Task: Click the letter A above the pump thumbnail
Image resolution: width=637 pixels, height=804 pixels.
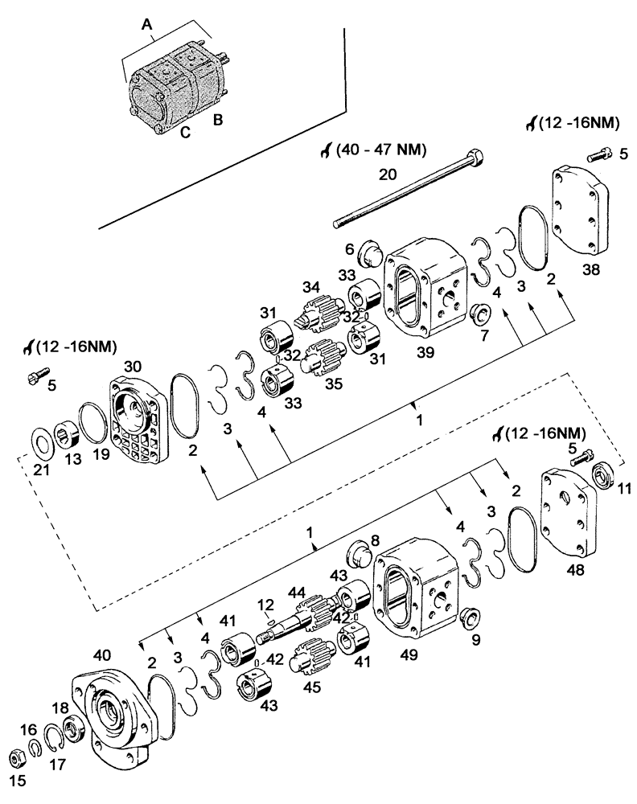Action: [x=146, y=25]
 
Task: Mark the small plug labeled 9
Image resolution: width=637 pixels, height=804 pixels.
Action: [x=471, y=618]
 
